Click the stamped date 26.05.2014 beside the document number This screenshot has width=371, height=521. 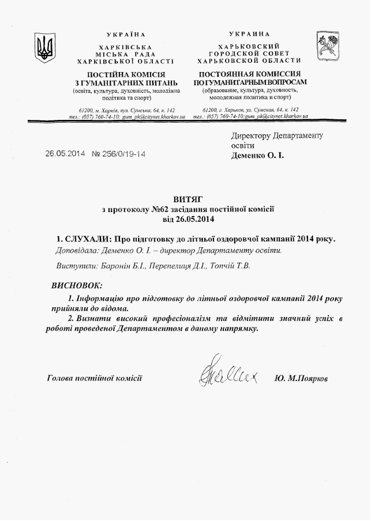65,154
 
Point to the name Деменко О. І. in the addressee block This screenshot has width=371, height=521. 257,155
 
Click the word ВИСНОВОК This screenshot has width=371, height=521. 76,285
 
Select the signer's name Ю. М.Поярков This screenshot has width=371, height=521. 302,379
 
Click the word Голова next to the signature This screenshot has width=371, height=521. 62,378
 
